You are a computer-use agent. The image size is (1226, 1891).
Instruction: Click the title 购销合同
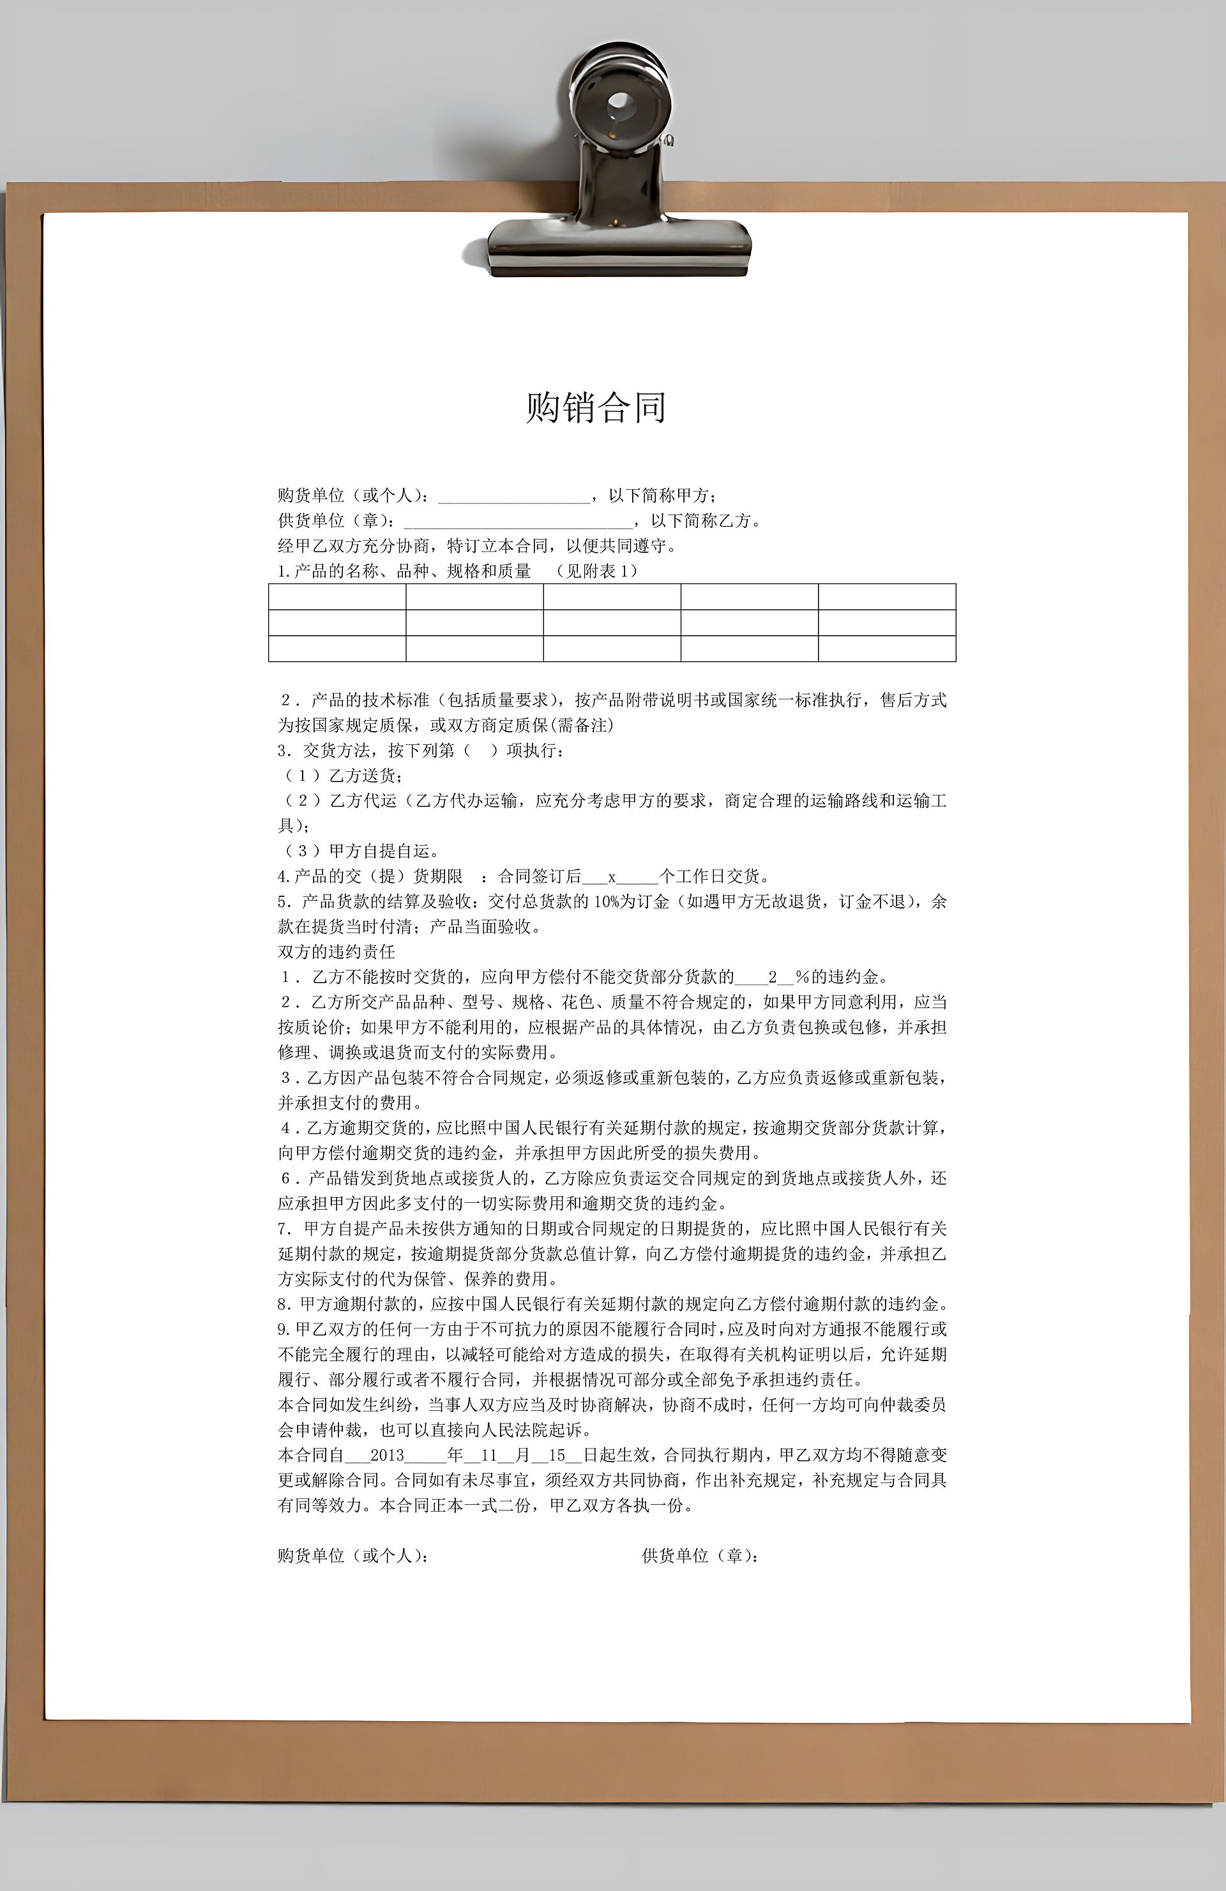pos(595,407)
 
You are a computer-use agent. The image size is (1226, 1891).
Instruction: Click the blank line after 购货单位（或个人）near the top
pos(513,497)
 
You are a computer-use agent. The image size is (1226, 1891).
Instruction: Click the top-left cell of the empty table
pos(337,597)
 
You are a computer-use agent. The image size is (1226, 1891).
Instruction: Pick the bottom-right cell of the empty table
pos(887,649)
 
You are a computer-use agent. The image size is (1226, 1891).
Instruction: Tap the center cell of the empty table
pos(612,623)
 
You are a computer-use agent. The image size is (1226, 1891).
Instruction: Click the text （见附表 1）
pos(596,571)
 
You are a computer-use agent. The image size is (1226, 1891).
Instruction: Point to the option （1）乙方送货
pos(344,776)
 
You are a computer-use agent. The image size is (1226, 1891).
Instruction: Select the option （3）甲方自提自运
pos(361,851)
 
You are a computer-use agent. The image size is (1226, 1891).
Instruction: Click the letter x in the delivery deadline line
pos(612,877)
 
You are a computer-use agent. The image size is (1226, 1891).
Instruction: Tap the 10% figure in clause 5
pos(605,902)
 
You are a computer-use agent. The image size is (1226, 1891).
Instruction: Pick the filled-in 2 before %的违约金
pos(772,977)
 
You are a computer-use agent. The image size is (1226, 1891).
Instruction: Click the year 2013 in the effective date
pos(388,1456)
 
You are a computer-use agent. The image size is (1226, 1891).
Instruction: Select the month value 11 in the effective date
pos(488,1456)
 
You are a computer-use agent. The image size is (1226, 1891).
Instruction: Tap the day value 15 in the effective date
pos(556,1456)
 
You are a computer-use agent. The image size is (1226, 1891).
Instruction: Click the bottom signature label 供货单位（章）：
pos(700,1556)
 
